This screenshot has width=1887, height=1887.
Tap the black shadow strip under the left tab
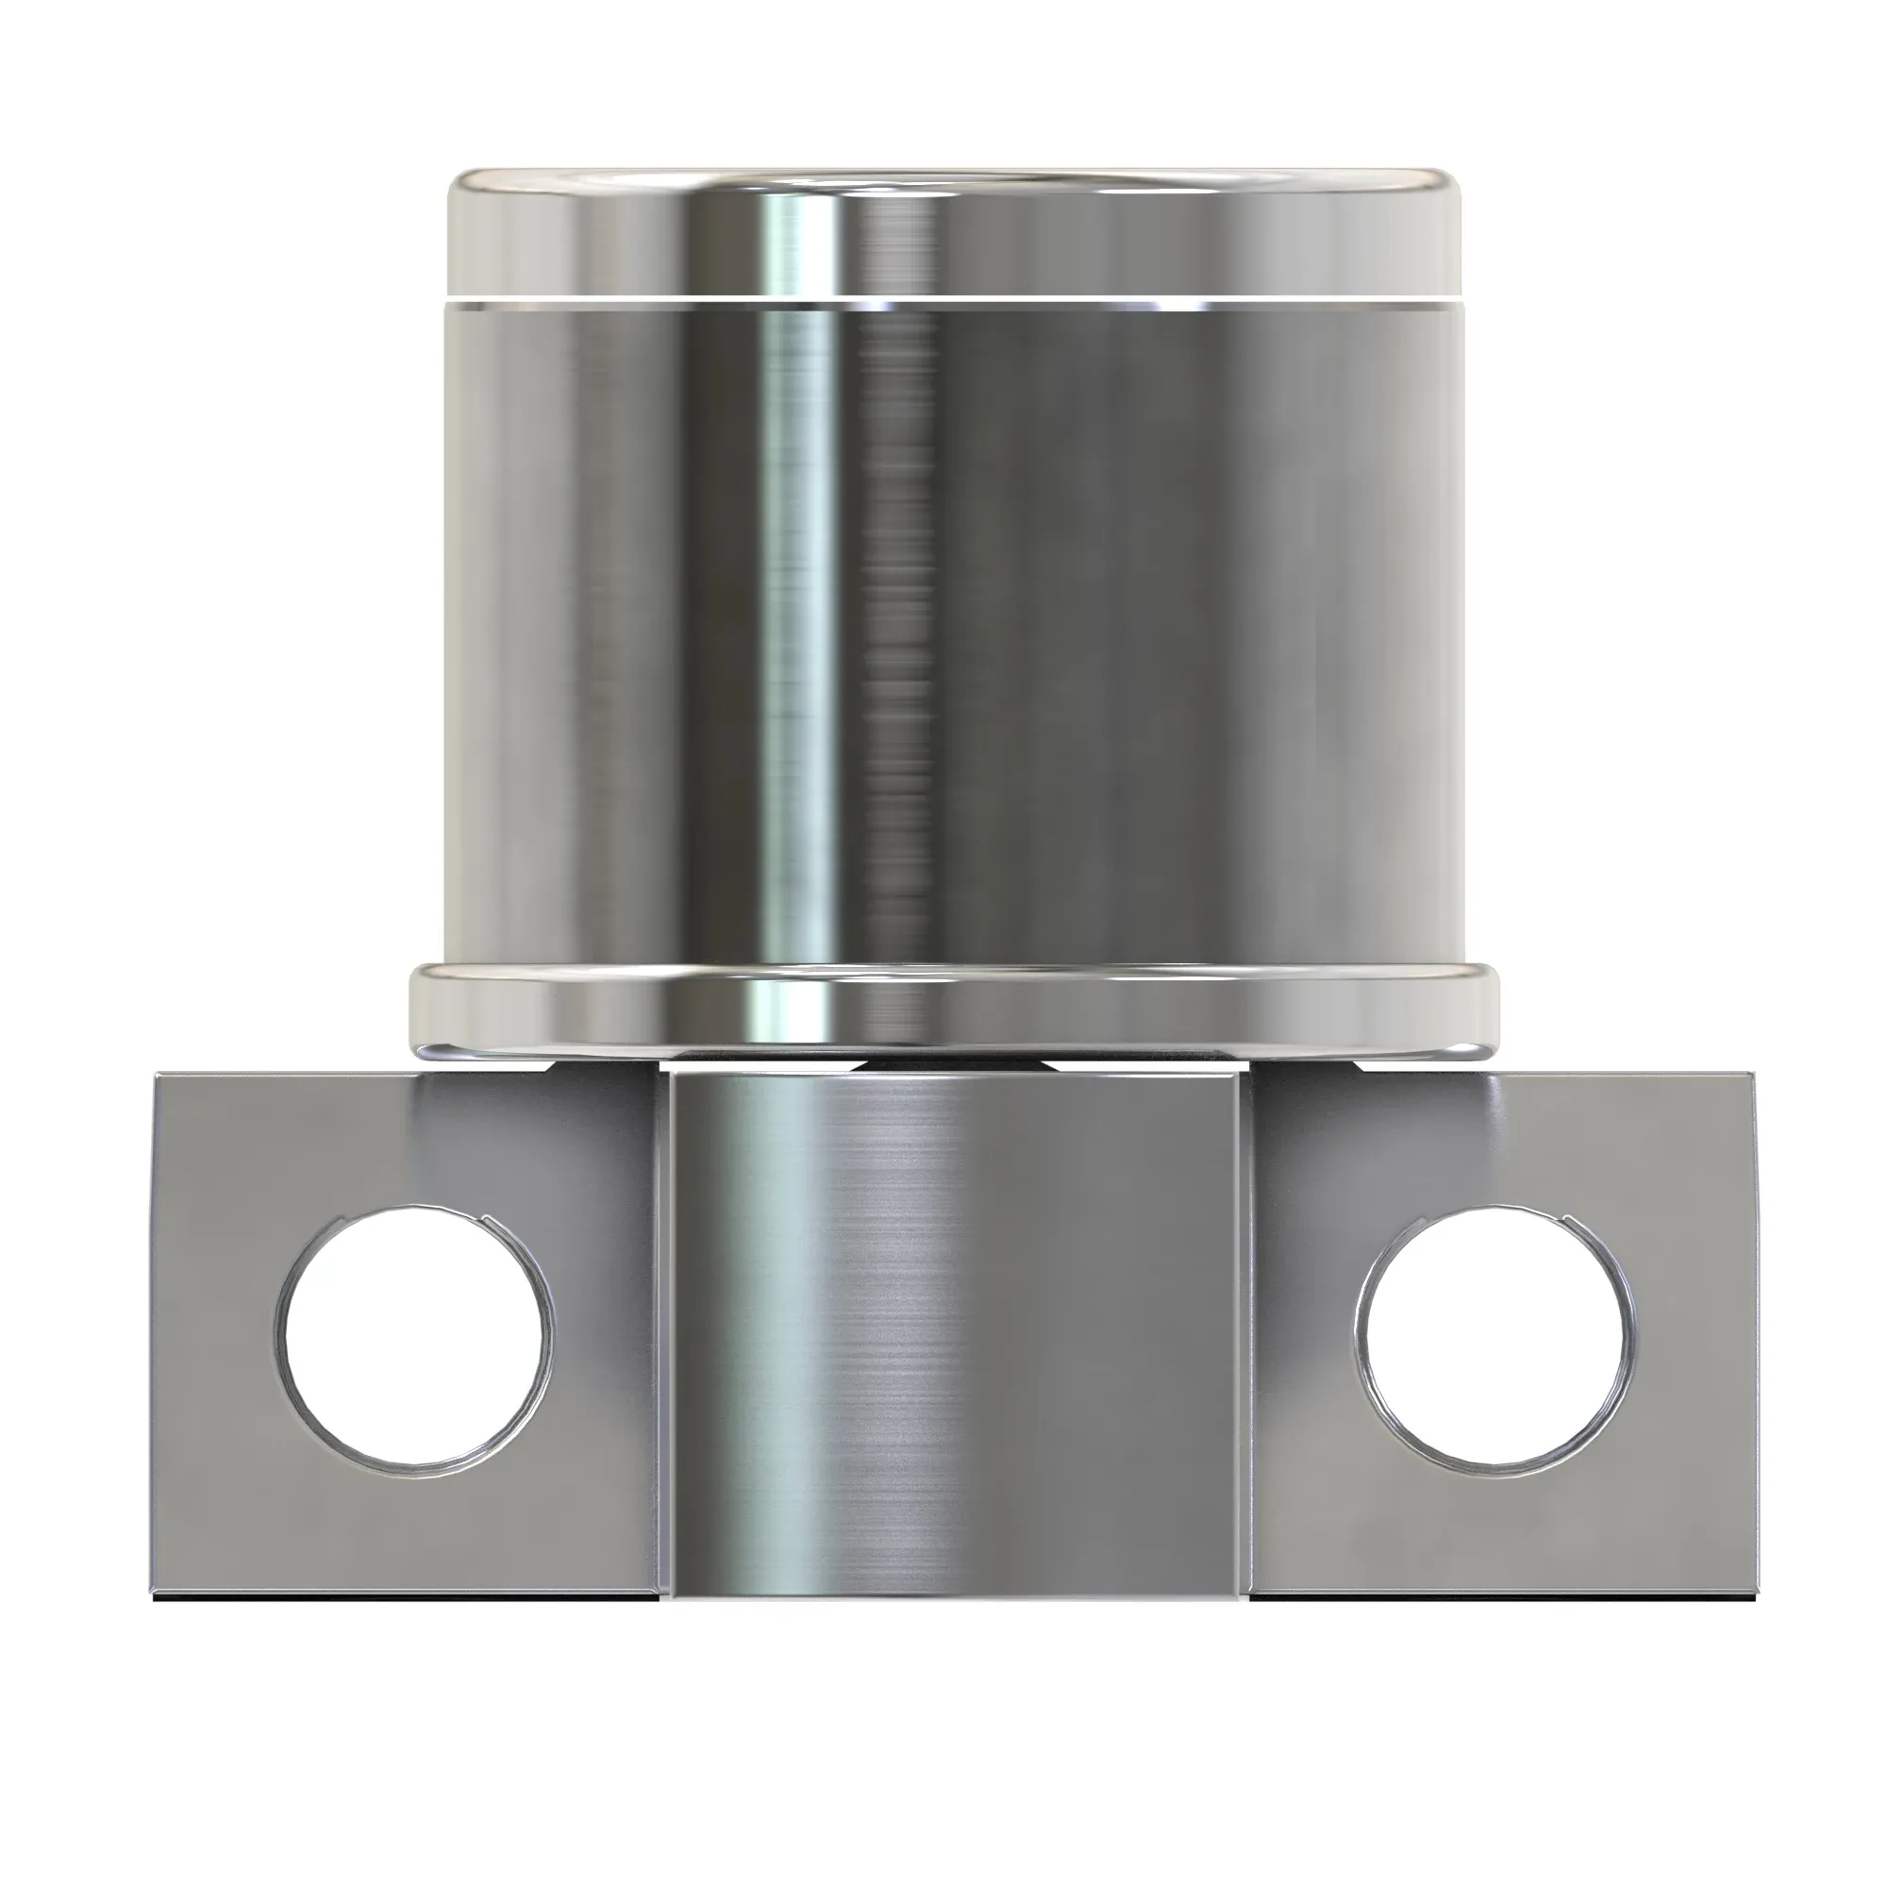(x=410, y=1599)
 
